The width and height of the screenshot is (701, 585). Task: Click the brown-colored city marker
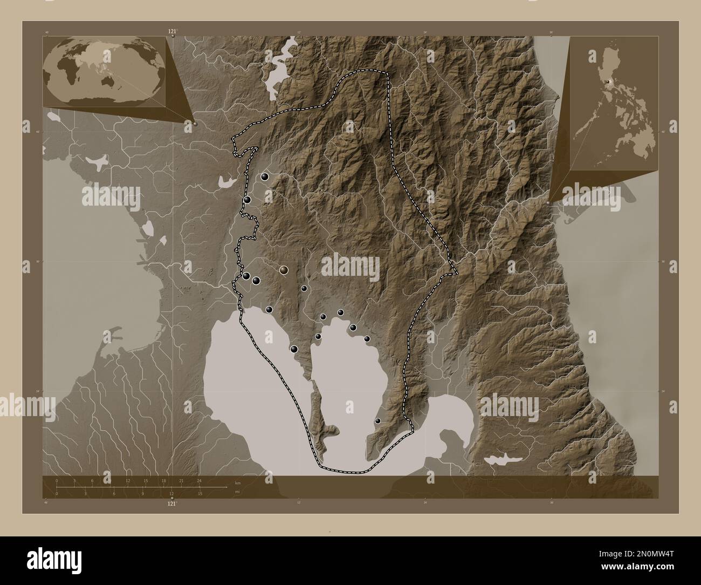tap(284, 269)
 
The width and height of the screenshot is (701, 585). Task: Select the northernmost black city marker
tap(264, 176)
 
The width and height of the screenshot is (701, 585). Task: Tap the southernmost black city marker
tap(377, 421)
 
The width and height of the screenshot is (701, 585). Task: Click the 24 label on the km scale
tap(200, 480)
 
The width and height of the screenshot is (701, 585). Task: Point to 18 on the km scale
tap(163, 480)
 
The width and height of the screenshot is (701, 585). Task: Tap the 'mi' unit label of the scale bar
tap(237, 492)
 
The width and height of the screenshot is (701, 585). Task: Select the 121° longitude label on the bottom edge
tap(172, 503)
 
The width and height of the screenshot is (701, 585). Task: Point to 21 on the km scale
tap(181, 480)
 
